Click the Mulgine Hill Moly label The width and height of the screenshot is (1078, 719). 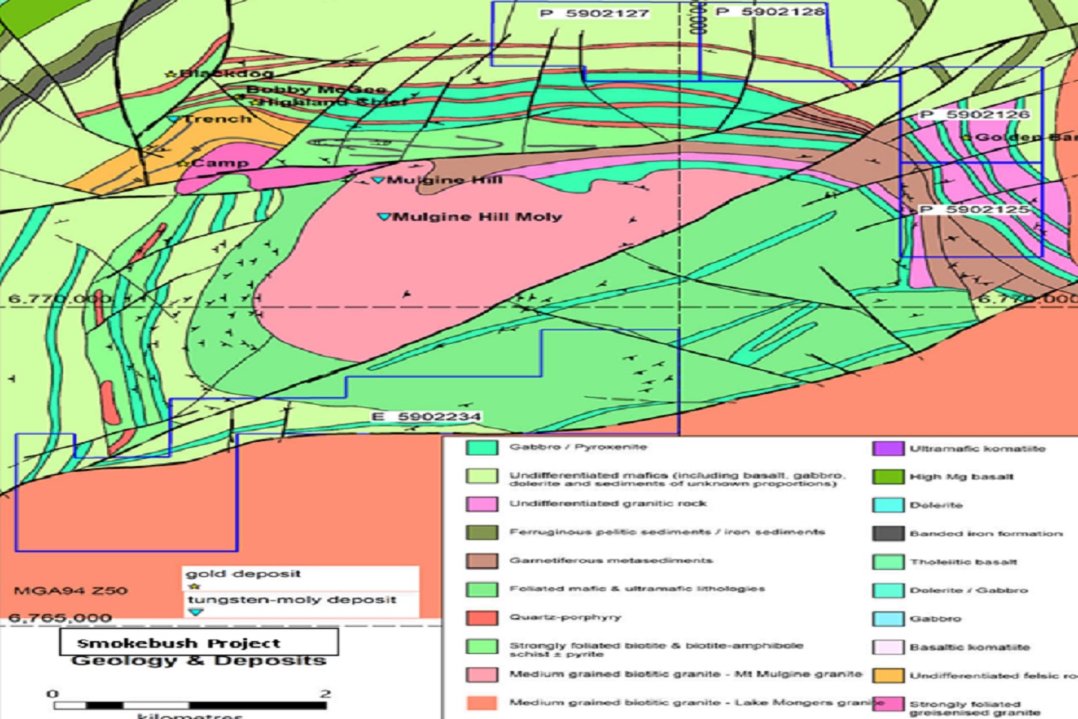tap(477, 217)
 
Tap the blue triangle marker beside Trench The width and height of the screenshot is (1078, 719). tap(174, 119)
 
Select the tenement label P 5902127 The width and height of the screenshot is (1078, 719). tap(594, 13)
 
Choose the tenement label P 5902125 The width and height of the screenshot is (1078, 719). tap(974, 209)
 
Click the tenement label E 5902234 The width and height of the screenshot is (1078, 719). tap(426, 416)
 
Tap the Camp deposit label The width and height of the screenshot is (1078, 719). tap(219, 163)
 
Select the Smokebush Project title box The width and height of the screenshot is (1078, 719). tap(198, 643)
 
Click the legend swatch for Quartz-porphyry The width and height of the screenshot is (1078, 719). tap(481, 618)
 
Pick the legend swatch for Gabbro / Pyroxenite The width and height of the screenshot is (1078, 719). tap(481, 448)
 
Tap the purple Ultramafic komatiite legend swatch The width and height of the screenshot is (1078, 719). tap(888, 449)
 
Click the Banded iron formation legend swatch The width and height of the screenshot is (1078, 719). tap(888, 534)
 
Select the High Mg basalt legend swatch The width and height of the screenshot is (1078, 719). tap(888, 477)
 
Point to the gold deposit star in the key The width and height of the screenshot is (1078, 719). tap(195, 586)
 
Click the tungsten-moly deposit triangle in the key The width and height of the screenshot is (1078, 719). tap(196, 612)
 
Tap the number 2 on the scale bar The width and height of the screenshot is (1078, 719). tap(325, 694)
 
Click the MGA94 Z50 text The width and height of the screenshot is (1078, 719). tap(70, 591)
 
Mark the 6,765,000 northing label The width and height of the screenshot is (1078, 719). tap(60, 619)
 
